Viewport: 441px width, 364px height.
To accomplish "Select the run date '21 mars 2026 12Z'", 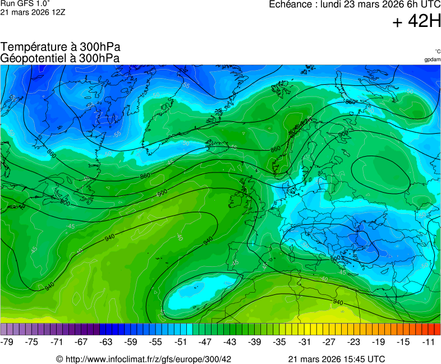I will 33,12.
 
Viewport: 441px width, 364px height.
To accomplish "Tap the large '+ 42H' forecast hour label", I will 416,21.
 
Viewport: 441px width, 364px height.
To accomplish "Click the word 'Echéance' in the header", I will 291,4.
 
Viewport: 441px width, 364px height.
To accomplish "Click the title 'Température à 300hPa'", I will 61,47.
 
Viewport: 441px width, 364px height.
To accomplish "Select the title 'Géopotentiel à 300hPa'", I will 60,58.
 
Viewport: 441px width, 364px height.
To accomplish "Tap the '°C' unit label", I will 437,51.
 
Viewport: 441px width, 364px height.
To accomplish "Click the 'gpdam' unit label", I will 432,59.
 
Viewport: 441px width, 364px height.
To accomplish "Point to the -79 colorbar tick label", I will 7,342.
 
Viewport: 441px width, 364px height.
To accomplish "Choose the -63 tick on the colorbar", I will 106,342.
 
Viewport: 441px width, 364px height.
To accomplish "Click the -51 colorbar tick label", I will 181,342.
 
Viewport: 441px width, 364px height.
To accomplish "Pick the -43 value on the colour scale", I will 230,342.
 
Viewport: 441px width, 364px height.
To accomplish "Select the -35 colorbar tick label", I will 279,342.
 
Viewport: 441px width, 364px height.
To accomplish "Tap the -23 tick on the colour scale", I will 353,342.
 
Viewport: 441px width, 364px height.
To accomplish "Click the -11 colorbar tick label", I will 428,342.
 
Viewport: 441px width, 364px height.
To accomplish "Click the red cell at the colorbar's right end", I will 437,329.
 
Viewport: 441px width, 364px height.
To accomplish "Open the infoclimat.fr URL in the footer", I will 144,359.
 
